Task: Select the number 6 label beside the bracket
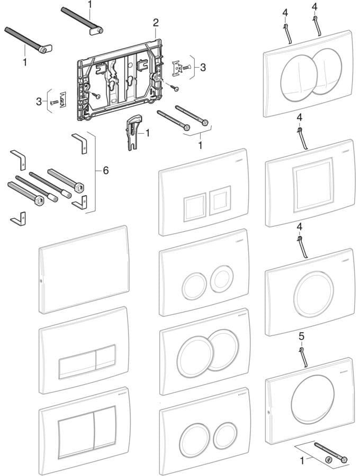(105, 170)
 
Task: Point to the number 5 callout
(302, 336)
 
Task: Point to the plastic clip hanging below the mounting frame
(132, 130)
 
